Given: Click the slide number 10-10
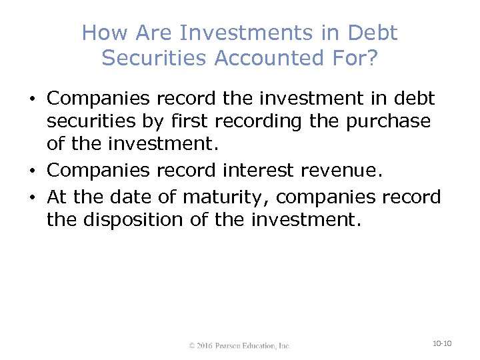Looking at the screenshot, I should pyautogui.click(x=442, y=343).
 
